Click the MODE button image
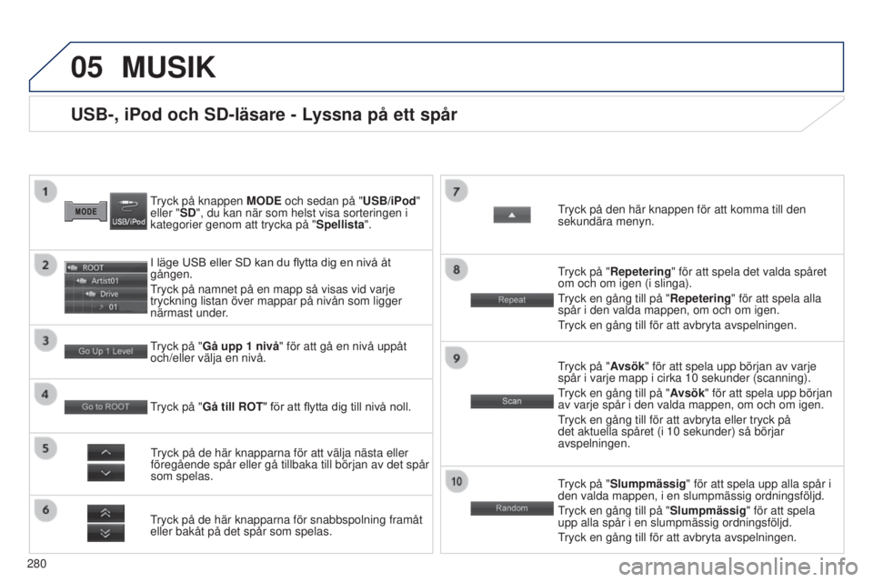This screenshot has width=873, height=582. point(85,212)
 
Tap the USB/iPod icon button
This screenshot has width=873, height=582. point(128,211)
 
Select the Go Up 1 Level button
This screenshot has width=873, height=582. point(105,351)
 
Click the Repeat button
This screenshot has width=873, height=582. point(512,300)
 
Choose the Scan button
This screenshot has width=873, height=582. point(512,401)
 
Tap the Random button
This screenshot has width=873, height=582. point(512,508)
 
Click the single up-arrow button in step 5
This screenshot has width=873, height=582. point(105,452)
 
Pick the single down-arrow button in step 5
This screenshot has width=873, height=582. point(105,473)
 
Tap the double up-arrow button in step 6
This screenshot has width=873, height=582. point(105,513)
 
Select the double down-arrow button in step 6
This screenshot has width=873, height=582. point(105,533)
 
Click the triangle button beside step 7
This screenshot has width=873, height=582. point(512,215)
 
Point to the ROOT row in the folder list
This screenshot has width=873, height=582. point(105,268)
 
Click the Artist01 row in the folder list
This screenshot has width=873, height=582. point(105,281)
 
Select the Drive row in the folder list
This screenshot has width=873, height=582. point(105,294)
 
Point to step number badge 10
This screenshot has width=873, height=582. point(457,481)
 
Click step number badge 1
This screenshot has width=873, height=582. point(45,192)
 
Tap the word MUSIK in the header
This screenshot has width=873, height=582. point(169,67)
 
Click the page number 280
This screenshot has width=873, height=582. point(36,564)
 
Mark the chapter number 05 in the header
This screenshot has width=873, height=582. point(87,67)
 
